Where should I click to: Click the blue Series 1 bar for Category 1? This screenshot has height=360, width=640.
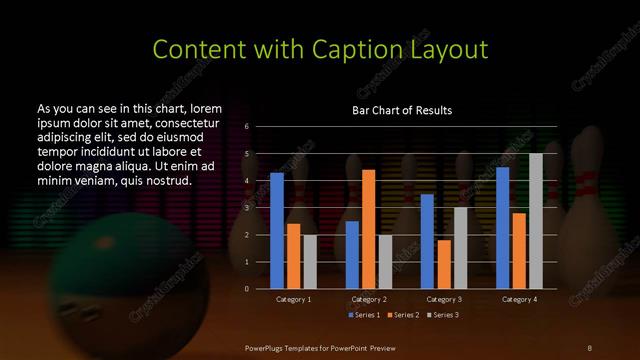(x=277, y=231)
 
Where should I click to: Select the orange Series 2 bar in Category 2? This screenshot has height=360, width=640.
(x=368, y=229)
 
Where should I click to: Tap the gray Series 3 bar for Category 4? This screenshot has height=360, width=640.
(x=536, y=221)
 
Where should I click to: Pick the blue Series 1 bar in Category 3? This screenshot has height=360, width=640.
(x=427, y=241)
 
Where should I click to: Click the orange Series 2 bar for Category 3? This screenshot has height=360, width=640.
(x=444, y=264)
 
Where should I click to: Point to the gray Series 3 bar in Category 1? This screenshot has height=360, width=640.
(x=310, y=262)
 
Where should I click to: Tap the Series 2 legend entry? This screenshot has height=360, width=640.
(x=404, y=315)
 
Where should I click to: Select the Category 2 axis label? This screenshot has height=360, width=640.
(x=369, y=299)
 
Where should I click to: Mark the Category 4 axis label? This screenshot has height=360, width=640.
(x=519, y=299)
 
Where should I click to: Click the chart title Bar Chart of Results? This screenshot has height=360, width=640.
(x=402, y=110)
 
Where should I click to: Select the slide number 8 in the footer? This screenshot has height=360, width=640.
(x=590, y=347)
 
